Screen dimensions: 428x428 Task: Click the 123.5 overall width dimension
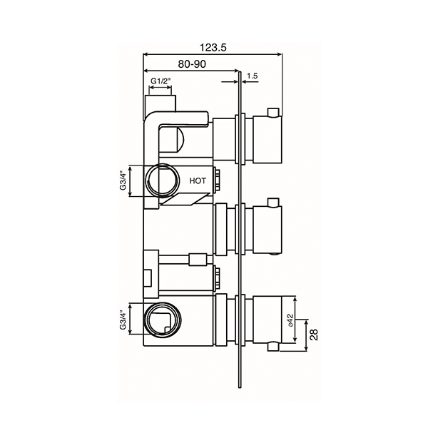pos(214,46)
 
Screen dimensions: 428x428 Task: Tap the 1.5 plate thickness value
pos(253,76)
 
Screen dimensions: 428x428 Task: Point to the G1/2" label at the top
pos(160,81)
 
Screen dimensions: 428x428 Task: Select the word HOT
pos(198,181)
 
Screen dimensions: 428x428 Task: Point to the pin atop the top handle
pos(272,111)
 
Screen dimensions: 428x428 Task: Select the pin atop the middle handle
pos(272,201)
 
